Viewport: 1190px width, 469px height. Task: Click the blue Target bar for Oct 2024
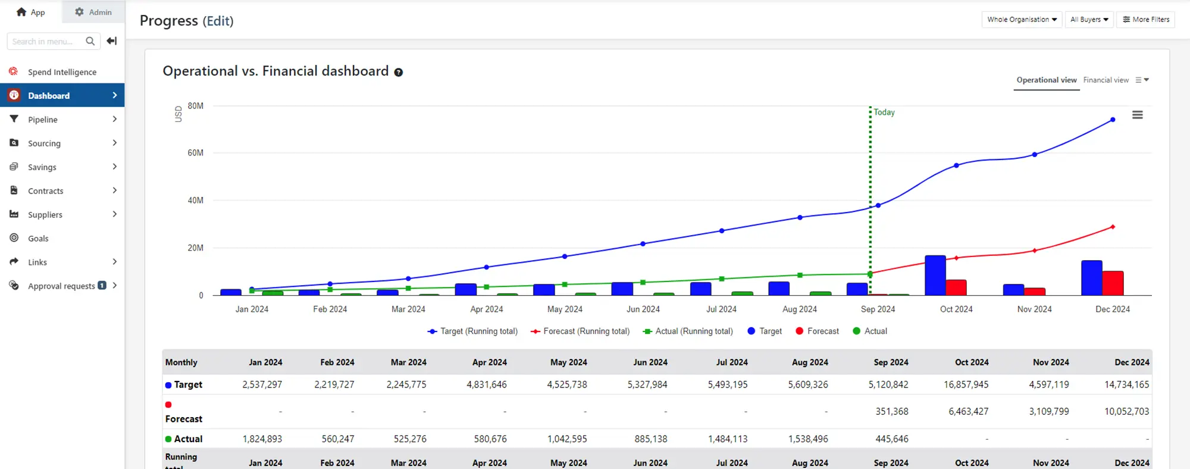pos(935,276)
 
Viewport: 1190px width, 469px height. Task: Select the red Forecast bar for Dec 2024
pos(1113,283)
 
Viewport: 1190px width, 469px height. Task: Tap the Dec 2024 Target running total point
pos(1113,120)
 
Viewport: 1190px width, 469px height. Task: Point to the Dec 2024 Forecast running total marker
pos(1113,227)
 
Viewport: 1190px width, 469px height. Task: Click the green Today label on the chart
pos(884,112)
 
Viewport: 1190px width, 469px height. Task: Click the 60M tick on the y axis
pos(195,153)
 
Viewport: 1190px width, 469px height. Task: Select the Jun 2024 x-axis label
pos(643,309)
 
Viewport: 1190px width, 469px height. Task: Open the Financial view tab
pos(1106,80)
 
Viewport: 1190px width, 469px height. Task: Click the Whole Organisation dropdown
pos(1022,20)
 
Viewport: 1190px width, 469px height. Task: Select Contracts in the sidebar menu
pos(45,191)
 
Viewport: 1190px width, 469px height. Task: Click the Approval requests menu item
pos(61,286)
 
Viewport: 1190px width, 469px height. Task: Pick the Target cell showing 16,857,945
pos(966,384)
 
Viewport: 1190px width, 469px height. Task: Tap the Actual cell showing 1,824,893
pos(262,439)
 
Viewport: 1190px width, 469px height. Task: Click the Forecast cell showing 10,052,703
pos(1126,411)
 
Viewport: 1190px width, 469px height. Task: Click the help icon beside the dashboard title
pos(399,73)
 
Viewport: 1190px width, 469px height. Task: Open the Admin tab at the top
pos(93,12)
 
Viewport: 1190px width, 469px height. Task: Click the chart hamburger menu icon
pos(1137,115)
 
